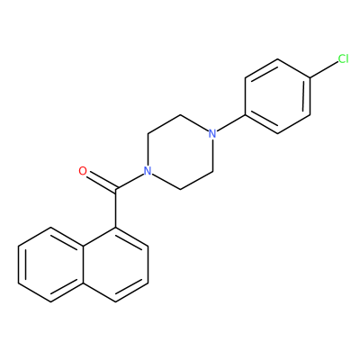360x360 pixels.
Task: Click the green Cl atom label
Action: [x=343, y=58]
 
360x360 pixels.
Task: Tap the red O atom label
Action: [x=83, y=171]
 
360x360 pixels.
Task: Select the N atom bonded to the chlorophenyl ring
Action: [x=212, y=133]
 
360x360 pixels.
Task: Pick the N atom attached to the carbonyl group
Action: [x=148, y=171]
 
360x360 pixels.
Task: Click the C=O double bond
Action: [x=102, y=182]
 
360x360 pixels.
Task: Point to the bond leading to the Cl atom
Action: [x=323, y=70]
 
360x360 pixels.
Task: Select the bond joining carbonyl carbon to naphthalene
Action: [x=115, y=208]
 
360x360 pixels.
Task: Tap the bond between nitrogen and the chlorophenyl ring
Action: [x=231, y=123]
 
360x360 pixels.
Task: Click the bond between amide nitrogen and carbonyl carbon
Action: [x=130, y=181]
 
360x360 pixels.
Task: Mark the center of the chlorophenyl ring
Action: [x=278, y=96]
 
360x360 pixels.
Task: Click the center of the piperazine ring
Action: [x=180, y=152]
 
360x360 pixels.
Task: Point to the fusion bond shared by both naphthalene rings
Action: [x=83, y=265]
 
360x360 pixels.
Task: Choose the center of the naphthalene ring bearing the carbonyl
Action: [x=115, y=265]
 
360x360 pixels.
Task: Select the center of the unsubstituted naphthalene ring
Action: [x=50, y=265]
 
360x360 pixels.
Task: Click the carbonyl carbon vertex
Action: [x=115, y=190]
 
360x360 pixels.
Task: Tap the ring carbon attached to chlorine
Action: [x=310, y=77]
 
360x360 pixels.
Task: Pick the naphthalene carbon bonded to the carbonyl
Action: [x=115, y=227]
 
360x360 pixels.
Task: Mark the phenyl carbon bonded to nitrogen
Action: [x=246, y=115]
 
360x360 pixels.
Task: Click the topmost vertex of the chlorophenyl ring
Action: [x=278, y=58]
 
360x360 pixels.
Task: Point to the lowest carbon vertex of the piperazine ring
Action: [x=180, y=190]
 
